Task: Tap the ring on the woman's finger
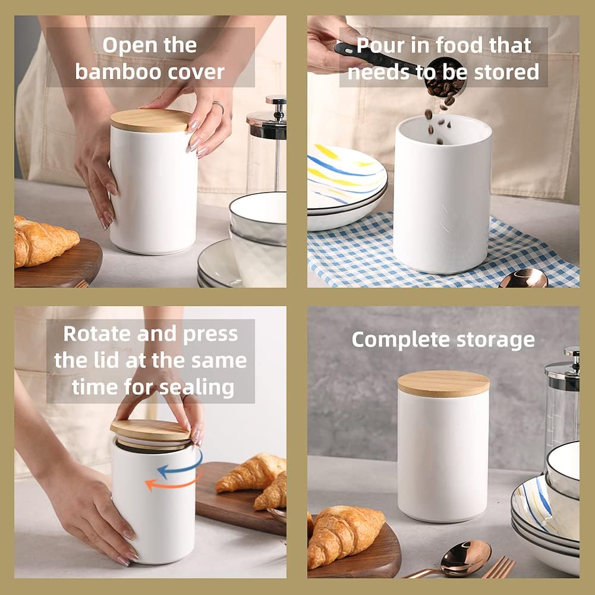click(218, 107)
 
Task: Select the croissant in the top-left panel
click(45, 241)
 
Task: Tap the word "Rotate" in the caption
click(97, 334)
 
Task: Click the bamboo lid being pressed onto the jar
click(151, 431)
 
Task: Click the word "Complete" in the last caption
click(395, 340)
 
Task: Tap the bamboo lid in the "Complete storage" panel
click(443, 383)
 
